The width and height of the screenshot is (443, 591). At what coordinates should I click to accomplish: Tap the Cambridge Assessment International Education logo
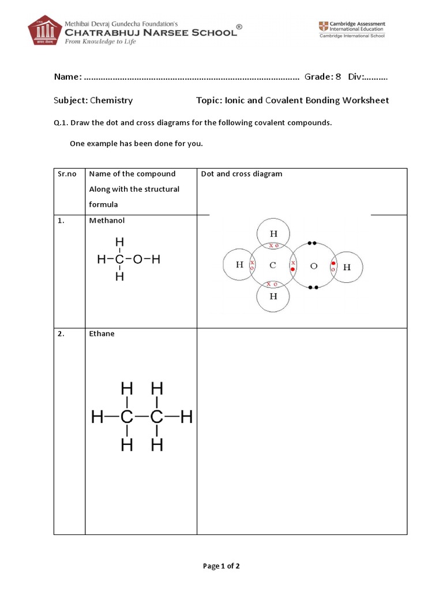pyautogui.click(x=352, y=29)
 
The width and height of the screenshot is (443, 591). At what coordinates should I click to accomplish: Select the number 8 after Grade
pyautogui.click(x=338, y=77)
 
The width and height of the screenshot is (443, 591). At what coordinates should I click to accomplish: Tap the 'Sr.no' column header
pyautogui.click(x=67, y=174)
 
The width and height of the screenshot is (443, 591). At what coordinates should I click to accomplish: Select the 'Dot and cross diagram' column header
pyautogui.click(x=241, y=174)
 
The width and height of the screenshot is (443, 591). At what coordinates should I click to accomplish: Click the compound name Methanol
pyautogui.click(x=107, y=220)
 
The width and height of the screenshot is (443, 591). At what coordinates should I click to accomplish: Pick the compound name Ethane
pyautogui.click(x=102, y=334)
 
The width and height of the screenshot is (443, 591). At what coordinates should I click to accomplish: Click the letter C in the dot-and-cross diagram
pyautogui.click(x=273, y=265)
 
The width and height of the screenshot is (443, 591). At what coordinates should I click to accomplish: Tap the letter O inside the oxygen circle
pyautogui.click(x=313, y=266)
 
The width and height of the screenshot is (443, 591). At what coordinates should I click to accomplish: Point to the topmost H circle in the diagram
pyautogui.click(x=273, y=233)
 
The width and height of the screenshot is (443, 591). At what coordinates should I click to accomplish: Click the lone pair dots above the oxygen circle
pyautogui.click(x=313, y=243)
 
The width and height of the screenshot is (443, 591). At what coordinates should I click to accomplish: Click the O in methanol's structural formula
pyautogui.click(x=137, y=260)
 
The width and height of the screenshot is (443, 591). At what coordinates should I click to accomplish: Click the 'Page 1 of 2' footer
pyautogui.click(x=221, y=566)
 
